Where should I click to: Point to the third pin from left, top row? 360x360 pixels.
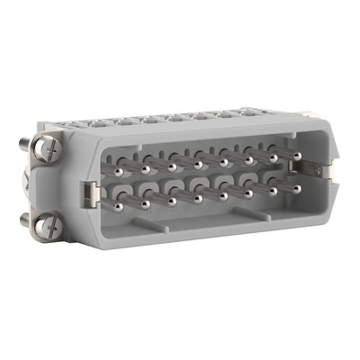point(171,165)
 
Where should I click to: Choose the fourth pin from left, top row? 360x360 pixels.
point(196,164)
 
